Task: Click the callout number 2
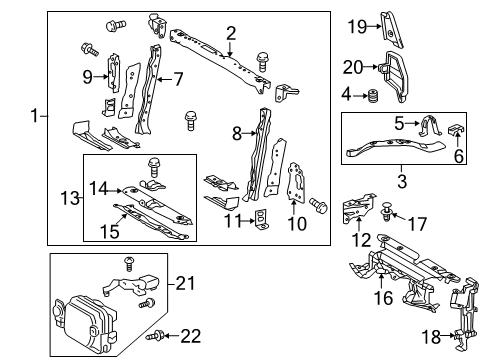coord(231,33)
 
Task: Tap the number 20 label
coord(354,67)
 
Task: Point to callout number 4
coord(346,96)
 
